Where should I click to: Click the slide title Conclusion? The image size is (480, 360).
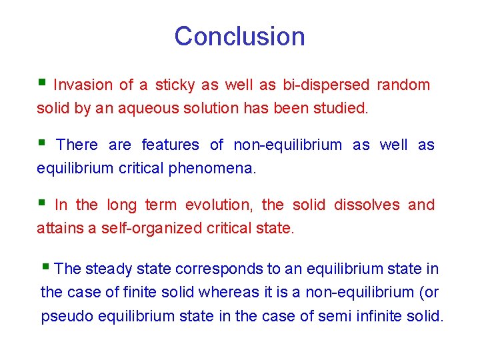pos(239,36)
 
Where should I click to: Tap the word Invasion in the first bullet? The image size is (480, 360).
pos(83,85)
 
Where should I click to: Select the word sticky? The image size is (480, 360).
pos(175,85)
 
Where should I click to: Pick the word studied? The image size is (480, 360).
pos(343,108)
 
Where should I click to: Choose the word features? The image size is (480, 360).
pos(170,145)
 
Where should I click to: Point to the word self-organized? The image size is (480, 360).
pos(151,228)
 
